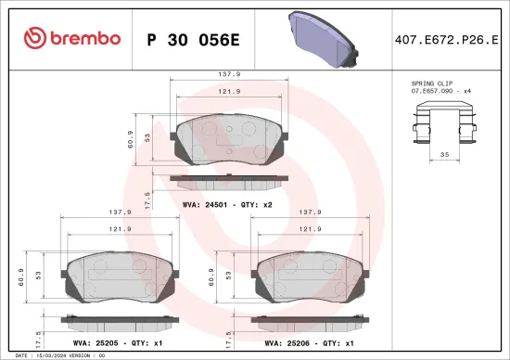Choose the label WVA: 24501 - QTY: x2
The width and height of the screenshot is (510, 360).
click(x=227, y=203)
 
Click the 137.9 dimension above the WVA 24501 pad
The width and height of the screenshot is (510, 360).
click(x=228, y=74)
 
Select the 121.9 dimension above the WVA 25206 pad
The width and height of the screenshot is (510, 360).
click(x=309, y=228)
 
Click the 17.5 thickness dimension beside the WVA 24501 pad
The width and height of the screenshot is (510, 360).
click(x=147, y=197)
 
